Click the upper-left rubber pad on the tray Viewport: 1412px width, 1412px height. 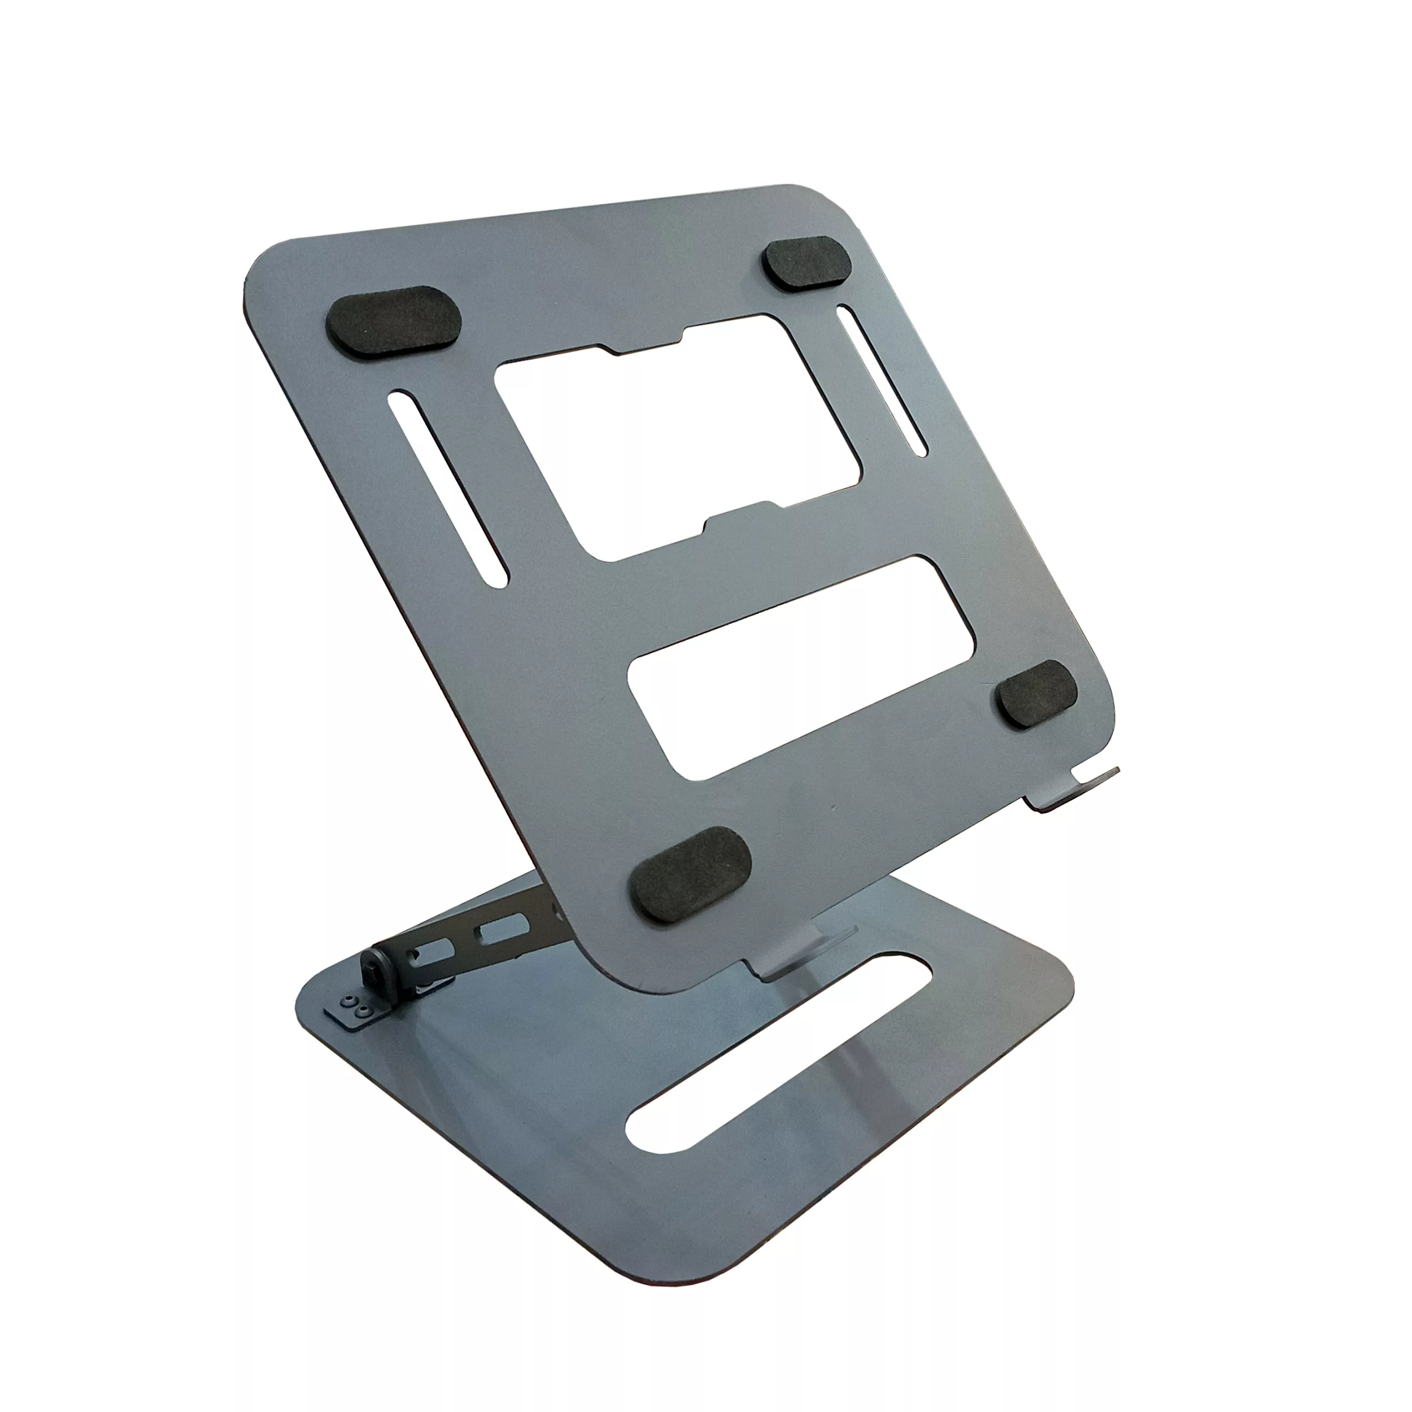coord(394,320)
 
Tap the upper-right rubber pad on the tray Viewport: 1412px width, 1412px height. coord(808,261)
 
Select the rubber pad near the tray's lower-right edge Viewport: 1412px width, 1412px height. coord(1039,694)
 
